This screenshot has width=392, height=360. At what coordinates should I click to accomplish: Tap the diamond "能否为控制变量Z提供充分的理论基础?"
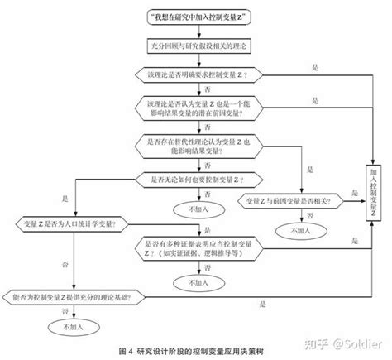75,295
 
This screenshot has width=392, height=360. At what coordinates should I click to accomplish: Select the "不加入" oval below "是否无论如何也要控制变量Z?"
198,209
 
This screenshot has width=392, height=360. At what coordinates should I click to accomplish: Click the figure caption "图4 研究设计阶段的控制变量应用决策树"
196,351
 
